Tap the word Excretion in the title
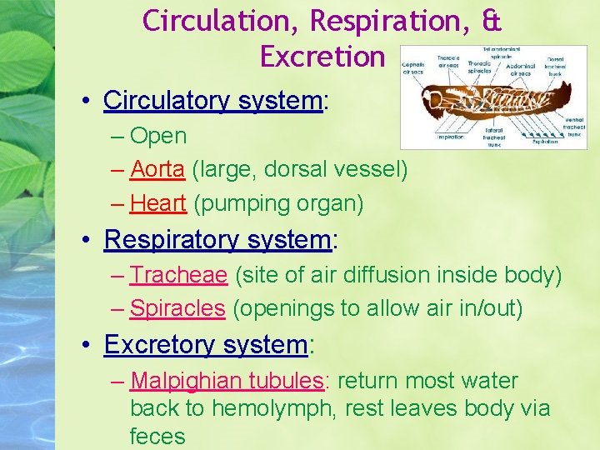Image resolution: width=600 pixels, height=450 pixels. pyautogui.click(x=322, y=56)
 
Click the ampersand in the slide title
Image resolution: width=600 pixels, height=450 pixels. pyautogui.click(x=490, y=20)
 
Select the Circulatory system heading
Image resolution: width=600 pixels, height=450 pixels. pyautogui.click(x=212, y=101)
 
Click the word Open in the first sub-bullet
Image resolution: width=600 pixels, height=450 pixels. pyautogui.click(x=158, y=136)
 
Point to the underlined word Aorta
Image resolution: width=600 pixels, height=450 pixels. pyautogui.click(x=157, y=169)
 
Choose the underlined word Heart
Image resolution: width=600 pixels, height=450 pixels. pyautogui.click(x=158, y=203)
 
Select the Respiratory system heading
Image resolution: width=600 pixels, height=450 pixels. pyautogui.click(x=217, y=240)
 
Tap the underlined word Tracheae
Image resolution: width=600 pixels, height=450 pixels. pyautogui.click(x=178, y=275)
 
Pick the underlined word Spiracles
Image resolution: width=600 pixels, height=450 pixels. pyautogui.click(x=177, y=308)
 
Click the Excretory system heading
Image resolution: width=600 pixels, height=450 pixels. pyautogui.click(x=205, y=344)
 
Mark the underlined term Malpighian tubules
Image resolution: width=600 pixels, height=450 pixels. pyautogui.click(x=227, y=381)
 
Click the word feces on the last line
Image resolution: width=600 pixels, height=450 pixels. pyautogui.click(x=157, y=436)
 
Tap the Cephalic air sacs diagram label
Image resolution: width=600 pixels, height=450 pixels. pyautogui.click(x=414, y=68)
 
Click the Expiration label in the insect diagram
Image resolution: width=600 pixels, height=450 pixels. pyautogui.click(x=547, y=142)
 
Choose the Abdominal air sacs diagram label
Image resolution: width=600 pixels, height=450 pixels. pyautogui.click(x=521, y=68)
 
